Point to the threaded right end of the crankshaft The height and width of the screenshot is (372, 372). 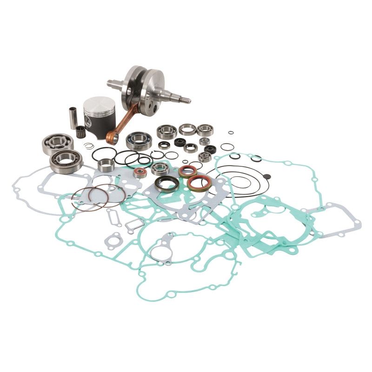click(185, 99)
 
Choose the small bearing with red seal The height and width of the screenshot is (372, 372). click(139, 173)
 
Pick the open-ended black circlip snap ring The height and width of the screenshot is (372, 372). click(157, 154)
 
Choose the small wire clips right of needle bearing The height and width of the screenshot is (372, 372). click(89, 146)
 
